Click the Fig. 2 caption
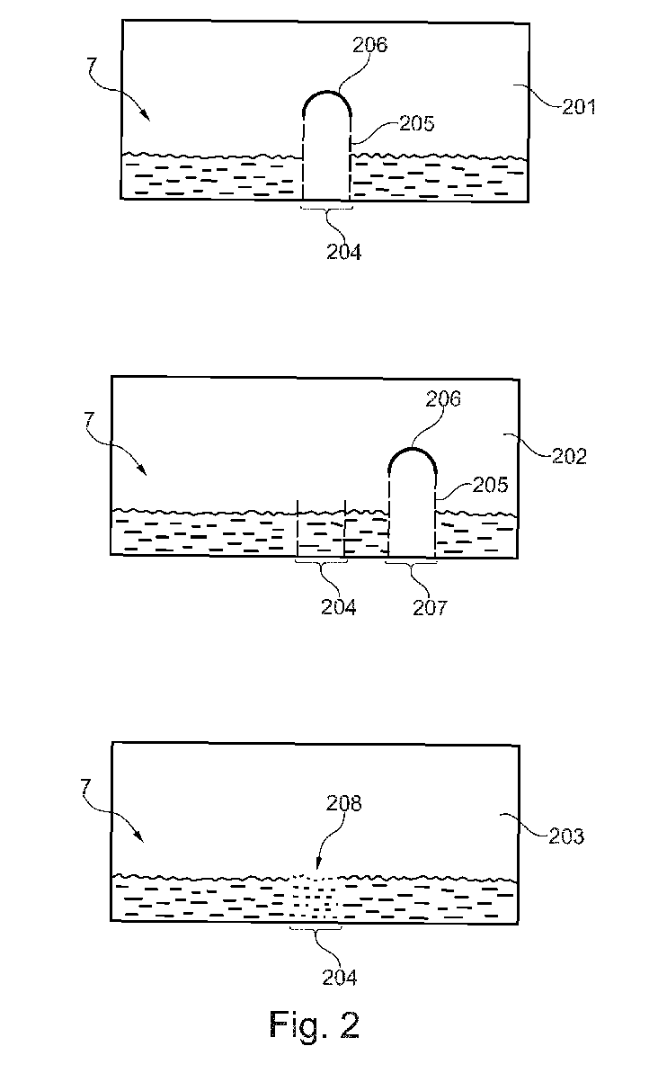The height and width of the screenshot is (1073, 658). coord(314,1025)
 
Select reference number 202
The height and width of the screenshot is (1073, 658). coord(567,456)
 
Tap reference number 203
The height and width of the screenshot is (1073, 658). coord(565,836)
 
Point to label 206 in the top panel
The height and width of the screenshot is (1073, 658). coord(369,45)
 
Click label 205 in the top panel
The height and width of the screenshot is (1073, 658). coord(416,124)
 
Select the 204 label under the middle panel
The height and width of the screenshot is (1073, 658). coord(338,608)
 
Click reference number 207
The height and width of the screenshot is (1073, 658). coord(428,608)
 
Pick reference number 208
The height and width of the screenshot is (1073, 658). coord(342,803)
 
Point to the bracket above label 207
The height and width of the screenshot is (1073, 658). coord(411,566)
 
